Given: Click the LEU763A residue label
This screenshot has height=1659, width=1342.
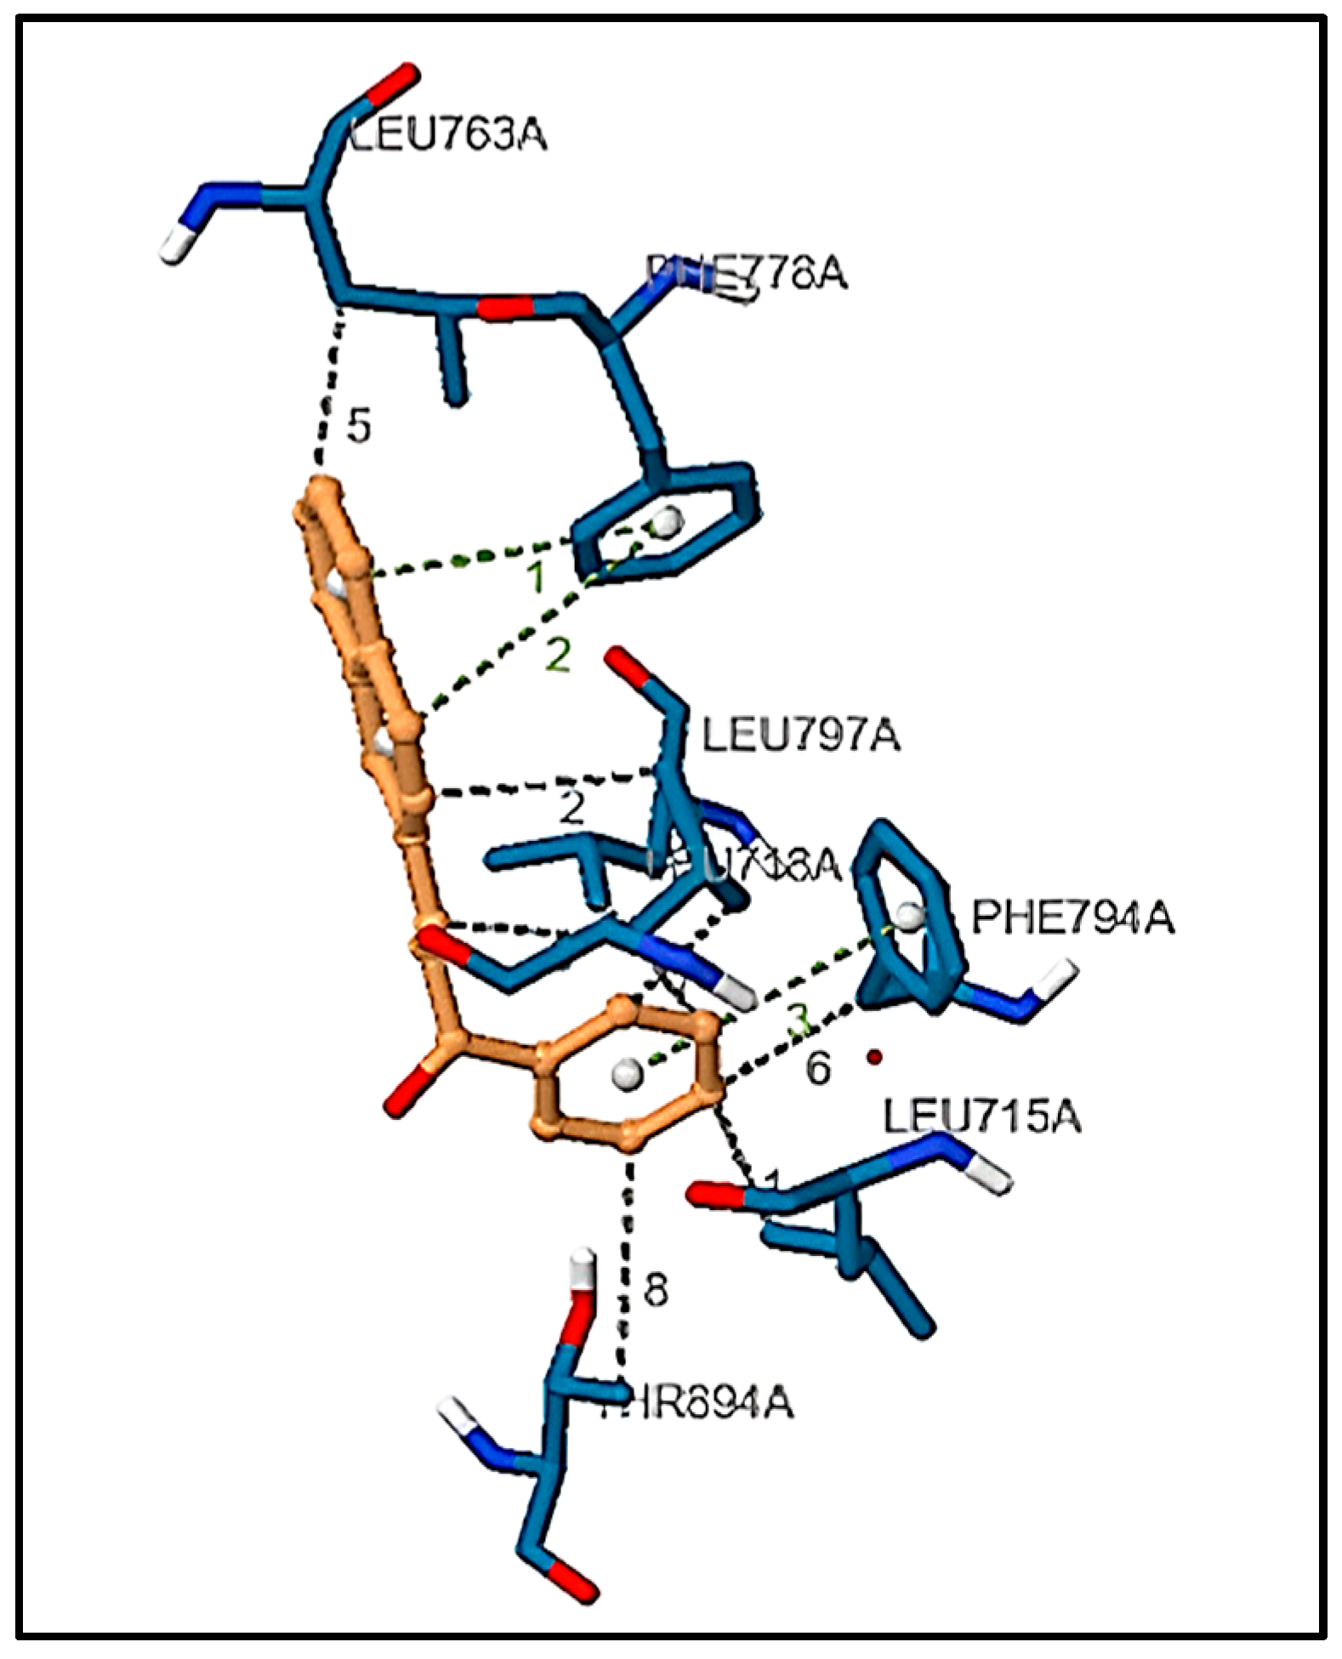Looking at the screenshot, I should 447,135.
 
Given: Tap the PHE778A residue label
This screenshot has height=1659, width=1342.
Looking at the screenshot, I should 747,273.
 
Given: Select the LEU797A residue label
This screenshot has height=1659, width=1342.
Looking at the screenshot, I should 800,736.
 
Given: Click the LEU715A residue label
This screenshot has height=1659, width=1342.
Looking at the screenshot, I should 982,1116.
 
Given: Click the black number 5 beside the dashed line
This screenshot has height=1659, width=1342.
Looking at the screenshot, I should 359,426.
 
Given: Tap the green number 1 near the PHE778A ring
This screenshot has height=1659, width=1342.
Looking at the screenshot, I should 536,578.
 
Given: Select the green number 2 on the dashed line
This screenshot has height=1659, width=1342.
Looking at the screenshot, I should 558,656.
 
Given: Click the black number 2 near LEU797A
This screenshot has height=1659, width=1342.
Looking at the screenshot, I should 571,809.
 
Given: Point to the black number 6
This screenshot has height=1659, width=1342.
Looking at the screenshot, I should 817,1069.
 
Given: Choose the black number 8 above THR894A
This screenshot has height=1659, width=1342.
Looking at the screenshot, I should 655,1291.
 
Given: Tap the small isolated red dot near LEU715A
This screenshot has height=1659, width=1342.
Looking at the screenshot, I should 873,1058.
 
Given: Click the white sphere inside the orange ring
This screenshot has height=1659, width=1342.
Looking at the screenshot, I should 627,1074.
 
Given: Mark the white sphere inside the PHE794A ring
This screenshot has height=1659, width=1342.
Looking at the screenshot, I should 910,915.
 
